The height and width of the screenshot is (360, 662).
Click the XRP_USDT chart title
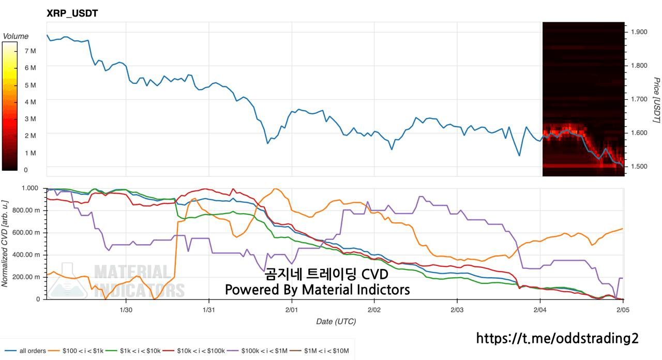pyautogui.click(x=72, y=14)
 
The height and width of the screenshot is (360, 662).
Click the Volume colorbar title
pyautogui.click(x=16, y=36)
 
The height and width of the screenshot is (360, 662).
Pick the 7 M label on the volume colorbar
pyautogui.click(x=30, y=51)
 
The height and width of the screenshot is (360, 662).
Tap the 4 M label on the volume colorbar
pyautogui.click(x=30, y=102)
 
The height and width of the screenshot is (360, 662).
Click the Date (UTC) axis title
pyautogui.click(x=336, y=321)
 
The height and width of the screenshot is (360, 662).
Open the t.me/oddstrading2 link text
pyautogui.click(x=558, y=338)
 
